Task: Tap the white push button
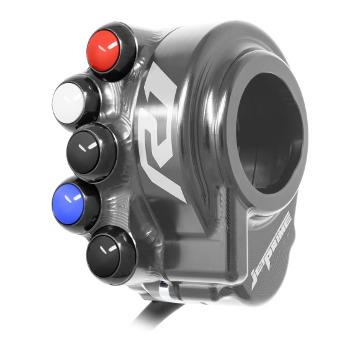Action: (x=70, y=98)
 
